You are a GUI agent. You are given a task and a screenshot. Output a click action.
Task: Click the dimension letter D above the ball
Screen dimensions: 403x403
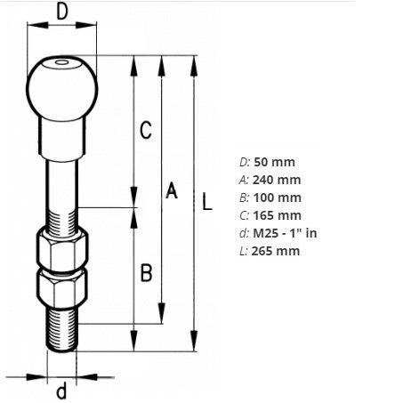tap(62, 12)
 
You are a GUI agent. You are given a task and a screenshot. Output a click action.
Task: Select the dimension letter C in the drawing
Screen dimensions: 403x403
tap(147, 132)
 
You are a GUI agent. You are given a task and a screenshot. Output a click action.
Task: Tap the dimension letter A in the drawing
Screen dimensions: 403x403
tap(173, 190)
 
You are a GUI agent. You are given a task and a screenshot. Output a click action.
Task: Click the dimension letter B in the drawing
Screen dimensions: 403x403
tap(147, 272)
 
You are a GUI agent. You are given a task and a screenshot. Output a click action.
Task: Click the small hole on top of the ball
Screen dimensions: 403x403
tap(60, 63)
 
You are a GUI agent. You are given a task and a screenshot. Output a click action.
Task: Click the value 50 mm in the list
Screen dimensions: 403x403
tap(274, 162)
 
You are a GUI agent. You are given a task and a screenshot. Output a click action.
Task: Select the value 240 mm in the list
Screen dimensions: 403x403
tap(278, 180)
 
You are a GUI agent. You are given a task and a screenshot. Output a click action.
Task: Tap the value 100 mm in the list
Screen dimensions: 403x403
tap(278, 197)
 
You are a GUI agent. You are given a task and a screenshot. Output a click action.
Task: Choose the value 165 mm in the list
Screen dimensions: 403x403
tap(278, 215)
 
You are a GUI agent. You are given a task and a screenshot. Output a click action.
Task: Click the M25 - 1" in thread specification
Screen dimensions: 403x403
tap(286, 233)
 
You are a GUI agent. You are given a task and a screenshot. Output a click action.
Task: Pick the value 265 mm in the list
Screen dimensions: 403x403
tap(277, 251)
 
